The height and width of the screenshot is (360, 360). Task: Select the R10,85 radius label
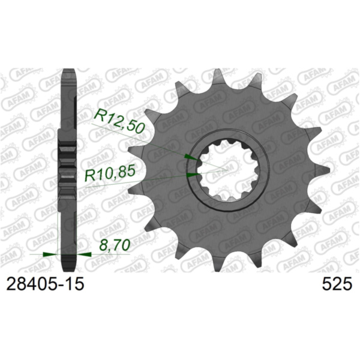click(114, 175)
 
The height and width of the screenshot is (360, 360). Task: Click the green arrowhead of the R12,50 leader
click(190, 157)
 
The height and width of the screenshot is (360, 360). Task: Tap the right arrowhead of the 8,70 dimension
click(85, 254)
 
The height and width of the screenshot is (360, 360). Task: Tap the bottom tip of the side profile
click(69, 268)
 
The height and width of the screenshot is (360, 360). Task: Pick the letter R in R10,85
click(89, 175)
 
